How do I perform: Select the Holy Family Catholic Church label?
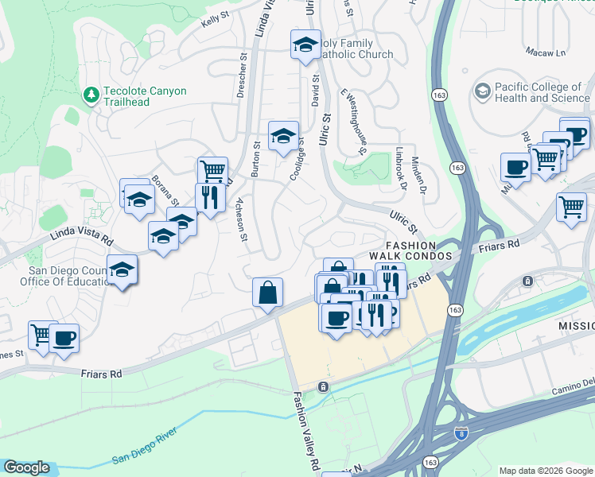pyautogui.click(x=356, y=48)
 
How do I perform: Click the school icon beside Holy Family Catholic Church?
pyautogui.click(x=305, y=45)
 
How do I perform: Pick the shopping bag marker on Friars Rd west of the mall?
pyautogui.click(x=268, y=293)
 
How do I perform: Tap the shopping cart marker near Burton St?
pyautogui.click(x=212, y=171)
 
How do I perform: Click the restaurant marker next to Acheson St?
pyautogui.click(x=210, y=198)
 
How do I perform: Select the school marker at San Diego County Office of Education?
pyautogui.click(x=122, y=271)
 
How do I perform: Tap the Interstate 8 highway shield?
pyautogui.click(x=461, y=433)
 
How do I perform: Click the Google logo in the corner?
pyautogui.click(x=26, y=467)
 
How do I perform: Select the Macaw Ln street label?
pyautogui.click(x=545, y=52)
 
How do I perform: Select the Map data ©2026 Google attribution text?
pyautogui.click(x=545, y=471)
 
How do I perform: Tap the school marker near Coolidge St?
pyautogui.click(x=283, y=136)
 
